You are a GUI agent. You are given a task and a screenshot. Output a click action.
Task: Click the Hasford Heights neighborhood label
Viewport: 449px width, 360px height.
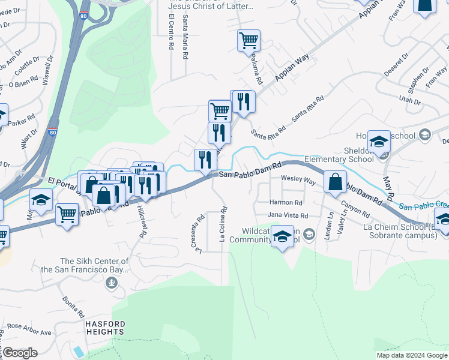point(104,328)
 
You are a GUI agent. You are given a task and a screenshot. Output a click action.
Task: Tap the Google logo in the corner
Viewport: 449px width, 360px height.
point(19,353)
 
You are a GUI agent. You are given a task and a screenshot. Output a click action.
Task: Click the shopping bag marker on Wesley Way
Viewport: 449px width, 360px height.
point(335,182)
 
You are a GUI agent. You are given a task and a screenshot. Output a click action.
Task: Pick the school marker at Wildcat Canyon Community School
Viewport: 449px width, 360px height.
point(282,237)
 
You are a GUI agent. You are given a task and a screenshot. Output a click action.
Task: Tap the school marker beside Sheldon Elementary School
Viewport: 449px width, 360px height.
point(379,142)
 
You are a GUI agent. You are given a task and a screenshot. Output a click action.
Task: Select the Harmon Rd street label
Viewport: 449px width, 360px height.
point(285,203)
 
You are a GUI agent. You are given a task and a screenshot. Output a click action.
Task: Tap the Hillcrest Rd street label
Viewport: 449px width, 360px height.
point(141,221)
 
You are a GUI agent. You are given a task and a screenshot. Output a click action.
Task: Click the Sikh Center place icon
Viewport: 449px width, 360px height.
point(111,281)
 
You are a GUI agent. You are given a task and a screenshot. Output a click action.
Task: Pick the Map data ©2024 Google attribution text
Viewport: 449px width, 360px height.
point(412,355)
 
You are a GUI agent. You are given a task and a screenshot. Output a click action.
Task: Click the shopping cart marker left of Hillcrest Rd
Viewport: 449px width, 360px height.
point(67,214)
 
